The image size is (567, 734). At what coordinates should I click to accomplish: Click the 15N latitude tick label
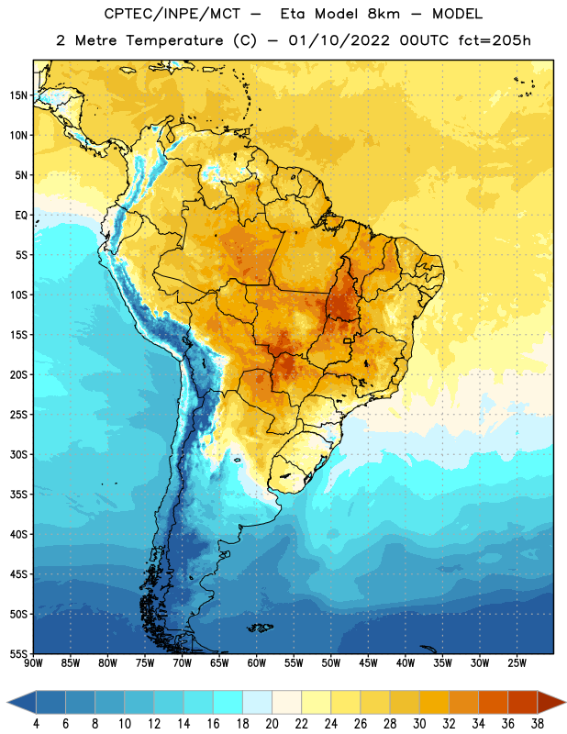tap(18, 95)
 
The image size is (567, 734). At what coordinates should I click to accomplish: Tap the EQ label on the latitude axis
tap(21, 216)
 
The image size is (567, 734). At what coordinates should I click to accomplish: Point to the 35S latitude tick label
tap(18, 495)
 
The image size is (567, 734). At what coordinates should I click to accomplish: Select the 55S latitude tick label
tap(18, 654)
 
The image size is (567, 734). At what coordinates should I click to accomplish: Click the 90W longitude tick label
tap(33, 663)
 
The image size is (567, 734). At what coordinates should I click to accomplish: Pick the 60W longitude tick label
tap(257, 663)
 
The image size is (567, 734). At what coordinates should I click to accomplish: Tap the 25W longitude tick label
tap(517, 663)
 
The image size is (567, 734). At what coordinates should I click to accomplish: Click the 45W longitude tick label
tap(368, 663)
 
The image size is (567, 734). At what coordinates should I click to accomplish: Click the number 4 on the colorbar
tap(36, 724)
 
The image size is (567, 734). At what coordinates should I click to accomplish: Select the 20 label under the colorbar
tap(272, 724)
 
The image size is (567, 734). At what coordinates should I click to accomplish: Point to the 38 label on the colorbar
tap(538, 724)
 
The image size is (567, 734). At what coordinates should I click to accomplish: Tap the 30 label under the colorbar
tap(419, 724)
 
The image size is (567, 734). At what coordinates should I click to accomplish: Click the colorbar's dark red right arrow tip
tap(565, 703)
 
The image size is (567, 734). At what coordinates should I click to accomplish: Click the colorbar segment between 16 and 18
tap(228, 703)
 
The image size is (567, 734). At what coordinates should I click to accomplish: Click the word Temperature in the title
tap(174, 40)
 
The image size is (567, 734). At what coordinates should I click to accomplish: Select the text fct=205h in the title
tap(495, 40)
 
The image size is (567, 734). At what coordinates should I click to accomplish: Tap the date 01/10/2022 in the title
tap(339, 40)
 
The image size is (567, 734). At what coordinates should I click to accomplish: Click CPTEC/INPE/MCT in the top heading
tap(172, 14)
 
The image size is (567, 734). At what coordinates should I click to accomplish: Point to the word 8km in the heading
tap(384, 14)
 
